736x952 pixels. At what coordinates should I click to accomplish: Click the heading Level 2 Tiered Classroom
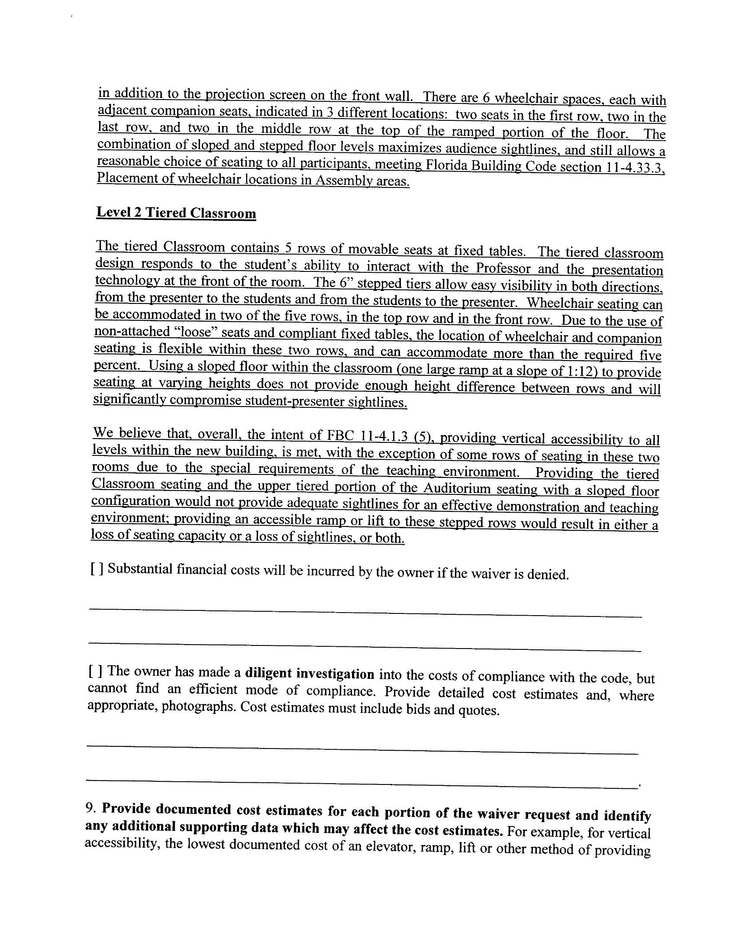(x=176, y=213)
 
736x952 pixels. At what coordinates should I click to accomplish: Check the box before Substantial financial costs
(x=97, y=569)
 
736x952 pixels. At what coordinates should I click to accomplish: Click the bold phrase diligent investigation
(x=310, y=674)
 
